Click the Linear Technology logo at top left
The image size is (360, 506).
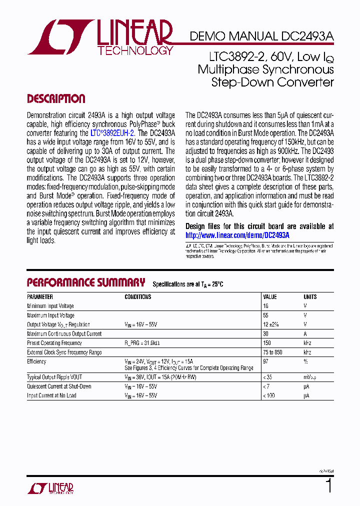click(100, 37)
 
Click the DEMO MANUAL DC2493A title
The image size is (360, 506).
click(261, 36)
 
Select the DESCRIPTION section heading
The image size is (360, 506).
click(56, 98)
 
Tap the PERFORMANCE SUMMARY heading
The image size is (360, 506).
click(86, 282)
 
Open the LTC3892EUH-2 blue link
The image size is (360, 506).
click(112, 133)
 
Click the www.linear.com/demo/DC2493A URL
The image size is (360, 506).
click(237, 235)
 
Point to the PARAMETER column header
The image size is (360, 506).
click(40, 297)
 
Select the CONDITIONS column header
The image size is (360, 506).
click(138, 297)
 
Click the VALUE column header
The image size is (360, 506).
click(270, 297)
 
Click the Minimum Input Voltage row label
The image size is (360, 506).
click(50, 306)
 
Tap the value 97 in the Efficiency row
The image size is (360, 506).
click(266, 361)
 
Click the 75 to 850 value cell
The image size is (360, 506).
click(272, 352)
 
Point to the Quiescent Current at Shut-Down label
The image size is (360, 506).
click(59, 386)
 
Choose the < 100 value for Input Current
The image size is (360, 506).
click(269, 395)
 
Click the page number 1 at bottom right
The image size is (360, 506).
click(328, 486)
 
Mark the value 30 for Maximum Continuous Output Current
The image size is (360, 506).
click(266, 334)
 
